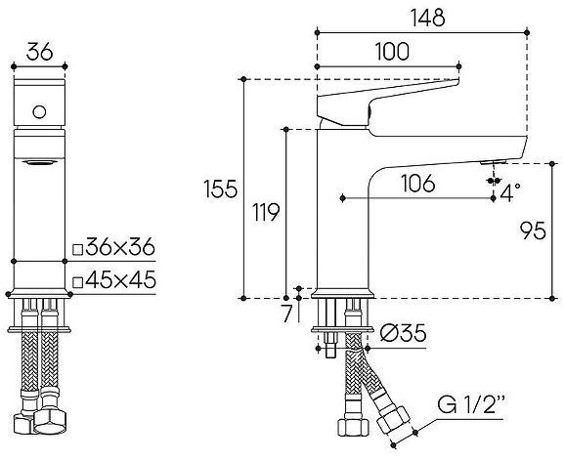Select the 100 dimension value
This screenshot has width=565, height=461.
(391, 54)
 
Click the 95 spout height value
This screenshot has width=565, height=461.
(532, 230)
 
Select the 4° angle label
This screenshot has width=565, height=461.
(509, 193)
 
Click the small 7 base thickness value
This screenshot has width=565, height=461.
(286, 314)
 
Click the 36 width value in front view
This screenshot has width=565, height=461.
(40, 52)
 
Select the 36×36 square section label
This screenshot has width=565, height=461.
(119, 246)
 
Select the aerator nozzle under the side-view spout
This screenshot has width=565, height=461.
(491, 162)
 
